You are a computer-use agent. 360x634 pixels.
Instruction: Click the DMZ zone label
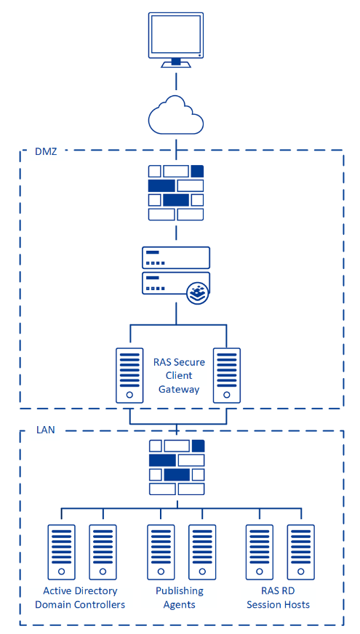46,152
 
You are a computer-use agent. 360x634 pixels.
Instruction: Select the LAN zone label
45,430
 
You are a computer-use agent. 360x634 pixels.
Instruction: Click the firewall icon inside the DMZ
175,193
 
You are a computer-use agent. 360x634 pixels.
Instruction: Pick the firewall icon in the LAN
177,467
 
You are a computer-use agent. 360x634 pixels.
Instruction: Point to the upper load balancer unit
176,257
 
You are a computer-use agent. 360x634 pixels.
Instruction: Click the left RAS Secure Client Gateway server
129,375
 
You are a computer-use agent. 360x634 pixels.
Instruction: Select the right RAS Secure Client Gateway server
226,375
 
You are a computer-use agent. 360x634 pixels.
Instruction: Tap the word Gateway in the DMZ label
179,390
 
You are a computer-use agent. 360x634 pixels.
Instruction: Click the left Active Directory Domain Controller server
62,552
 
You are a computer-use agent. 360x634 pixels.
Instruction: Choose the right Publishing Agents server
202,552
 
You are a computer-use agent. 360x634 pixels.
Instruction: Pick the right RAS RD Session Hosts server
301,552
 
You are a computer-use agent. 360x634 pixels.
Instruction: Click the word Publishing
180,591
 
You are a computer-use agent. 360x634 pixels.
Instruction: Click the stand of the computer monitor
175,63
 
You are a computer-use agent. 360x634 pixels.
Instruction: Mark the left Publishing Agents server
161,552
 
